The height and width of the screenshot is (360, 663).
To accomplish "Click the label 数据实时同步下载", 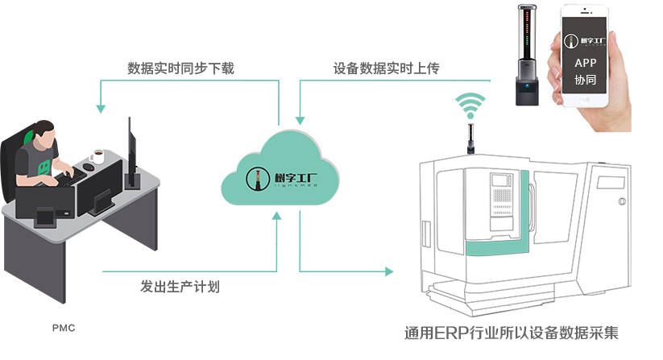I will (x=180, y=68).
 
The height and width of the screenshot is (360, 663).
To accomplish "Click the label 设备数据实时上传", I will (x=386, y=68).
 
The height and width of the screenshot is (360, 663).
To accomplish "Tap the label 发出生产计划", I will (x=180, y=286).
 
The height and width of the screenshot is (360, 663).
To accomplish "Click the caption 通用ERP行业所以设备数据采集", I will (x=512, y=333).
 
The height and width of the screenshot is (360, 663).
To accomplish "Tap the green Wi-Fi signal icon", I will (x=471, y=105).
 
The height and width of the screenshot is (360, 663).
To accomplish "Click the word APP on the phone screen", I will (x=586, y=63).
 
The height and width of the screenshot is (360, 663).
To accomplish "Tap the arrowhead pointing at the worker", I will (x=101, y=105).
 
